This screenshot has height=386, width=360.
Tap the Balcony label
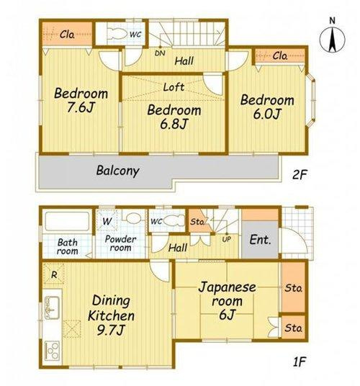coord(118,171)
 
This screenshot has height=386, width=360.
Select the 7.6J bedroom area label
coord(81,100)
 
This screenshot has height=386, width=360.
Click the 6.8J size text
coord(174,124)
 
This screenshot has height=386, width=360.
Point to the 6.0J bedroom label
coord(267,107)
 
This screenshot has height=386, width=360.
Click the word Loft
coord(174,87)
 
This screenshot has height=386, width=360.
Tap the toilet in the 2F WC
coord(116,33)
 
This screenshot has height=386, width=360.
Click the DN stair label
coord(160,53)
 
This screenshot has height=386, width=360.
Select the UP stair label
coord(226,239)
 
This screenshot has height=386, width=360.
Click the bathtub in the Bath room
coord(67,221)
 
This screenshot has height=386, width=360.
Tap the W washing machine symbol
coord(107,221)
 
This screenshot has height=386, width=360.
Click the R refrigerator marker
coord(54,274)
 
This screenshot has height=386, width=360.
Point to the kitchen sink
coord(52,308)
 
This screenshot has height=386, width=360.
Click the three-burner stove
coord(52,351)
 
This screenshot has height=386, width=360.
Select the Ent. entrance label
coord(261,240)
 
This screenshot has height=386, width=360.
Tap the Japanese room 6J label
coord(227,301)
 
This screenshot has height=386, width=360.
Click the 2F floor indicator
coord(300,175)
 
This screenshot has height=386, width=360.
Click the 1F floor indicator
coord(299,362)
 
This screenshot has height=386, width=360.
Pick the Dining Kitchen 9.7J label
coord(111,315)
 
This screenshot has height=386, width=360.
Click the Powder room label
coord(120,243)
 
